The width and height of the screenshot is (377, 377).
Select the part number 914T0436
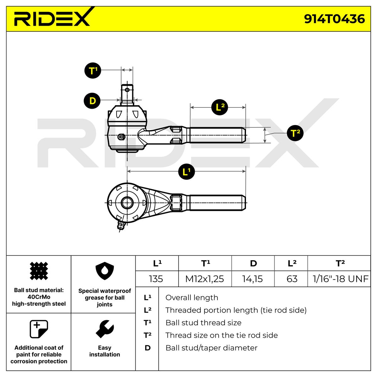pos(334,19)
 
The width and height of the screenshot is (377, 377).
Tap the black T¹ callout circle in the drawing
pos(92,70)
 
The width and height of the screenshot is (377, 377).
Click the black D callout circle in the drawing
pos(92,101)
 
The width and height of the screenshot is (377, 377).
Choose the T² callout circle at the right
pos(295,133)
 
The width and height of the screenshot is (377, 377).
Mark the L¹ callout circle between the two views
pos(186,172)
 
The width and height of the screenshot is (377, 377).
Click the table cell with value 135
pos(156,279)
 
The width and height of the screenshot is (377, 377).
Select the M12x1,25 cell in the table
pos(205,279)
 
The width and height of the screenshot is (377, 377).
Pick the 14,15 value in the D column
pos(253,279)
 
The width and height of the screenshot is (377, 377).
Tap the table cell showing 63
pos(292,279)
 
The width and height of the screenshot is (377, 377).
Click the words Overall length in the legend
pos(192,298)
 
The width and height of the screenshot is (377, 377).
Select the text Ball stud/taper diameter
pos(211,348)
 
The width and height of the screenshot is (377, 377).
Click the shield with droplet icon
pos(105,272)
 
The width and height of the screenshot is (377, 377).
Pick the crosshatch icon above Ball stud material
pos(39,271)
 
